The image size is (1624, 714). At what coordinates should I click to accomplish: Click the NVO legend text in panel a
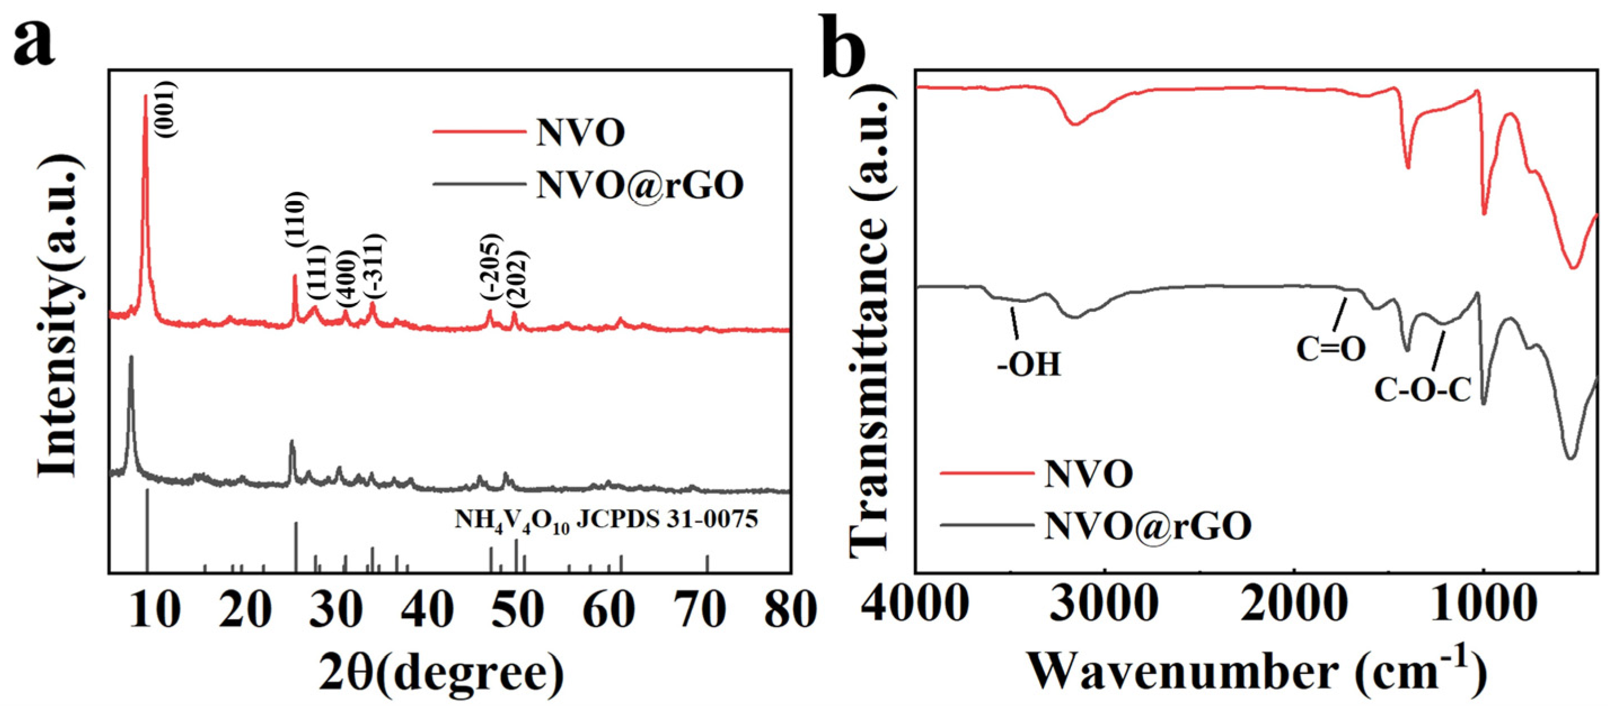(x=580, y=133)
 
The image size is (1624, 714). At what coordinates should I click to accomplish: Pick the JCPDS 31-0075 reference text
(x=606, y=520)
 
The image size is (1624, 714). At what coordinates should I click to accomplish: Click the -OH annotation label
(x=1029, y=364)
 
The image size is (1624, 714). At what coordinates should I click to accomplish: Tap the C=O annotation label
(x=1331, y=349)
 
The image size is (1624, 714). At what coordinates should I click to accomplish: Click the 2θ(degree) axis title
(x=442, y=673)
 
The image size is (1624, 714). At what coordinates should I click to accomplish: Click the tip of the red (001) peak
(x=145, y=96)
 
